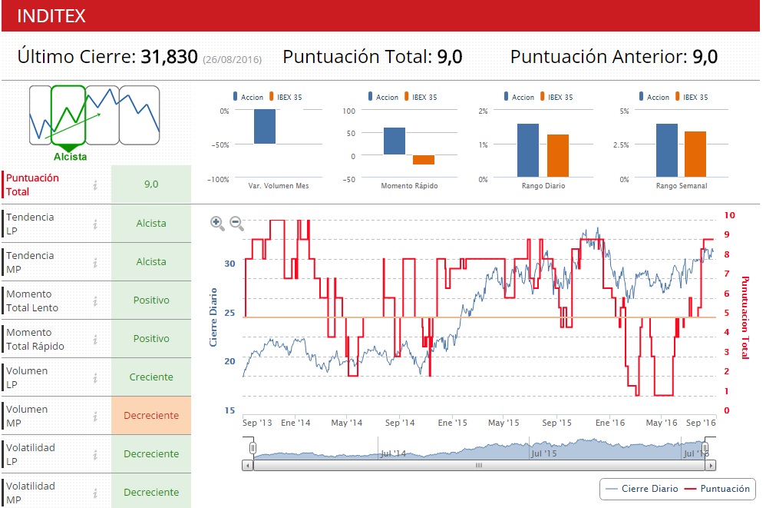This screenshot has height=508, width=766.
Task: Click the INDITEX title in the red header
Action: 51,16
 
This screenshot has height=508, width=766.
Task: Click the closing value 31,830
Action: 169,57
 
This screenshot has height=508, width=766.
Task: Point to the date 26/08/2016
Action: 232,59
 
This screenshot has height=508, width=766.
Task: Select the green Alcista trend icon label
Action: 70,157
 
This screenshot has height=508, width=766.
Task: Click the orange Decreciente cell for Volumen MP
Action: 151,416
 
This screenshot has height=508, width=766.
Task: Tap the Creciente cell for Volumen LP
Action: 151,377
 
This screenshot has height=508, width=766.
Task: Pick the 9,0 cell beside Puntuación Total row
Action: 151,184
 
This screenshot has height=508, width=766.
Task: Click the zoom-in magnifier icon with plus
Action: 217,224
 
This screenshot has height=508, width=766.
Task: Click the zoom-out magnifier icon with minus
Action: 237,224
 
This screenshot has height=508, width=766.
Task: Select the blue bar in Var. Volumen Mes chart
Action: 265,127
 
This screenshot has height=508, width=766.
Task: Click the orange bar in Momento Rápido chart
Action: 424,160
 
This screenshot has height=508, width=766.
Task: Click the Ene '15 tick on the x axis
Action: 452,423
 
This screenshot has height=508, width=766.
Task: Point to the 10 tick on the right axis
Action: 730,215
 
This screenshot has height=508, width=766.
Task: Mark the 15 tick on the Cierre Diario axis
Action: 230,410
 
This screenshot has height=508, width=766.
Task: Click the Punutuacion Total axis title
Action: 744,317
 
